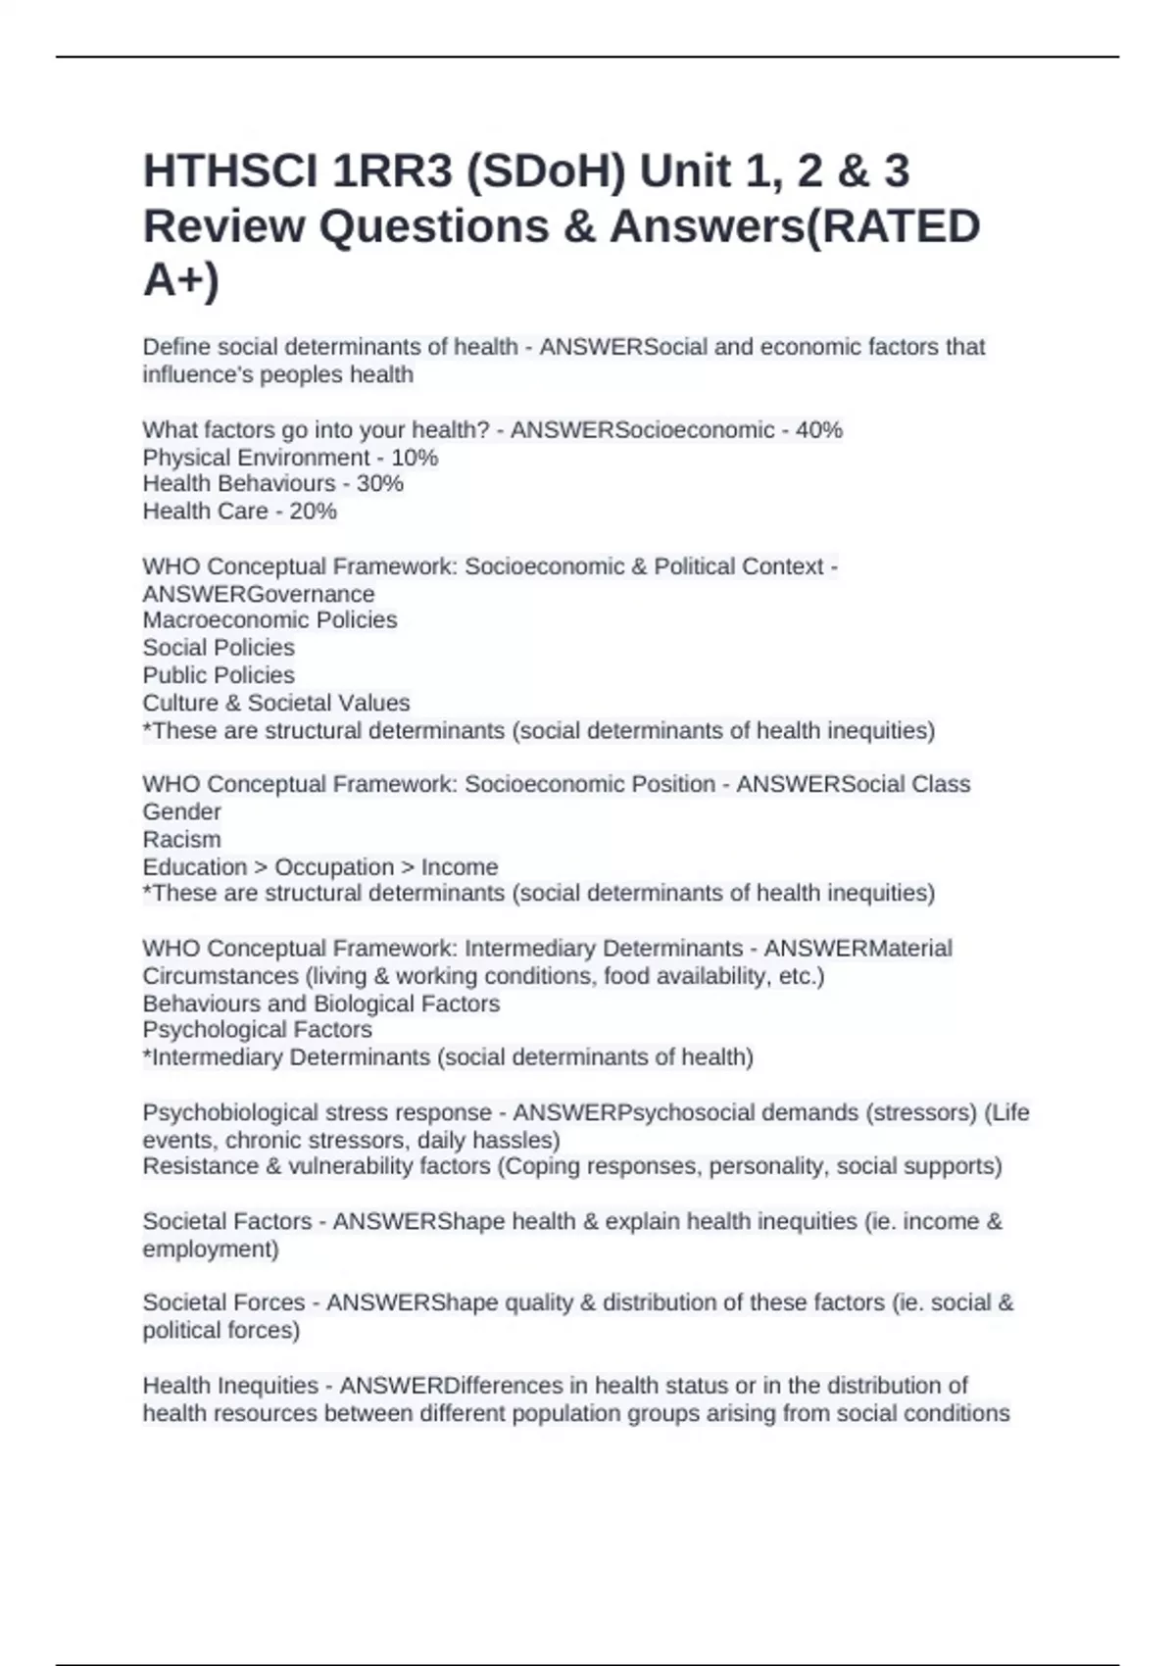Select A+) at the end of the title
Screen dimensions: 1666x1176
[181, 280]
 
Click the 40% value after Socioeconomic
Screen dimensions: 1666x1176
[819, 430]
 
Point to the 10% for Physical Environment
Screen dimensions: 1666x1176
[415, 458]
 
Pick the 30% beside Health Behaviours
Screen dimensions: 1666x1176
[380, 484]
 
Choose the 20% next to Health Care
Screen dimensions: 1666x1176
[313, 512]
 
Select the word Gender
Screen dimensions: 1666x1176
[181, 812]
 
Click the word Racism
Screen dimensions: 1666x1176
[181, 840]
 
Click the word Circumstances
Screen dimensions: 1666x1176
[220, 977]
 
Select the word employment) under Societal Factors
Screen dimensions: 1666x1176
[211, 1249]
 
